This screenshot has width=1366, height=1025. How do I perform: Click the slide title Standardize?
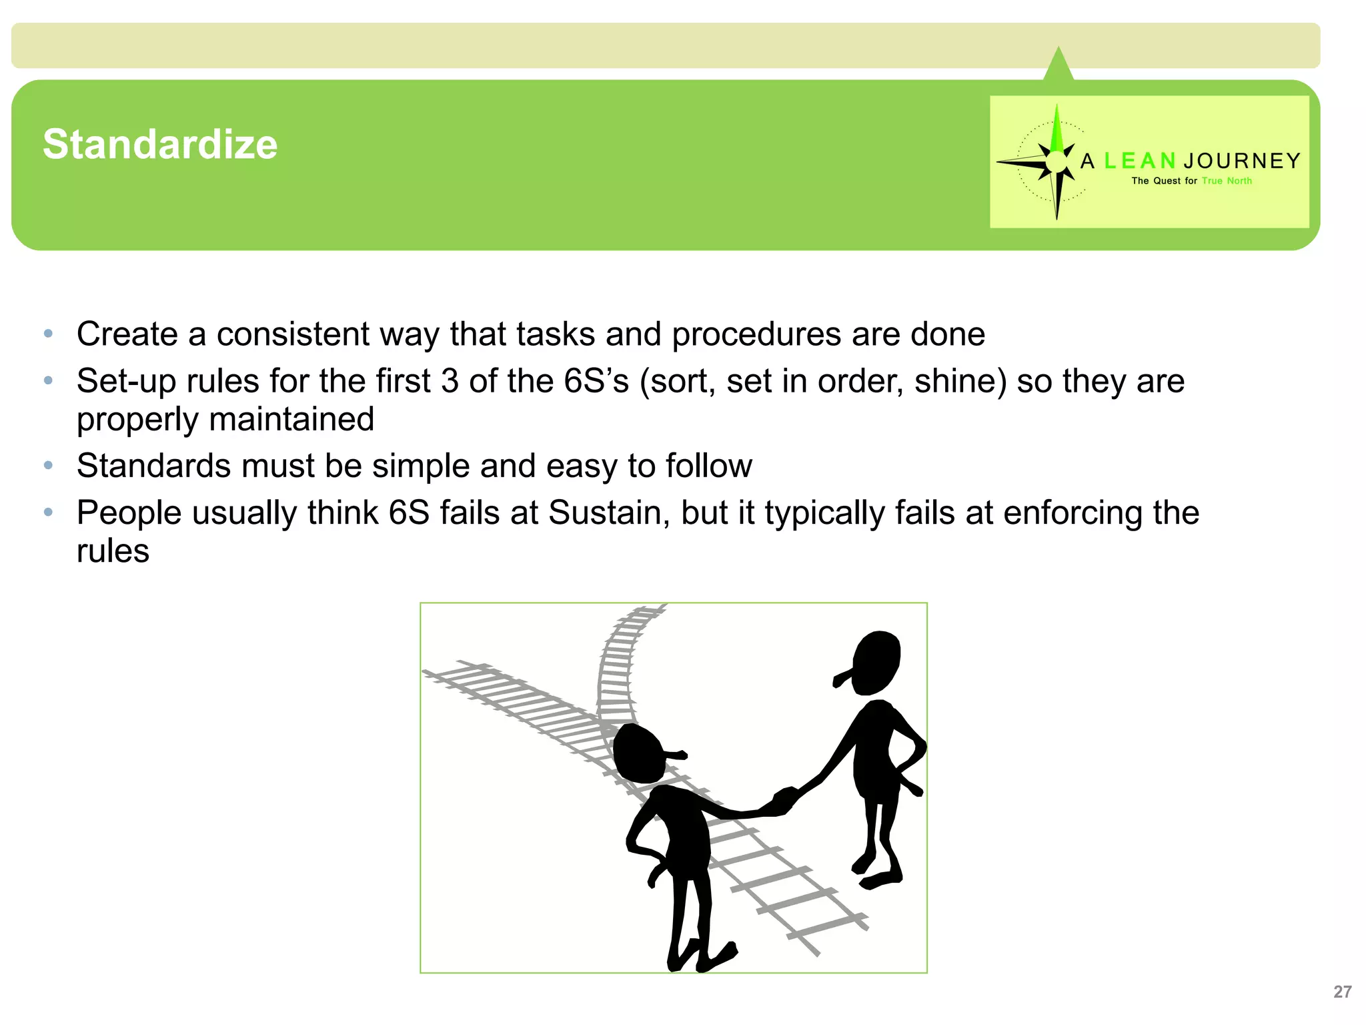[160, 144]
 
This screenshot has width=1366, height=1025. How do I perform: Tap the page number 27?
[1342, 992]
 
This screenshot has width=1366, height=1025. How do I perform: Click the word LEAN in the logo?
[1139, 161]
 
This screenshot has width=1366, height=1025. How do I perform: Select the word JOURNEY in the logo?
[1242, 161]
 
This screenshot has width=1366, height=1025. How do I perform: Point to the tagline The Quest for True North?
[1191, 181]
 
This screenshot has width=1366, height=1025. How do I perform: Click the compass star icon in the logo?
[1056, 161]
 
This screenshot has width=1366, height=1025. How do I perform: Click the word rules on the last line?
[113, 551]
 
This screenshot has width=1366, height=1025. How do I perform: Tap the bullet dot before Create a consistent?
[48, 334]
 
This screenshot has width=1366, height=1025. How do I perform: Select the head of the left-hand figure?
[639, 753]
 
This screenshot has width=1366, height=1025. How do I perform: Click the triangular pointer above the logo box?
[1059, 65]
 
